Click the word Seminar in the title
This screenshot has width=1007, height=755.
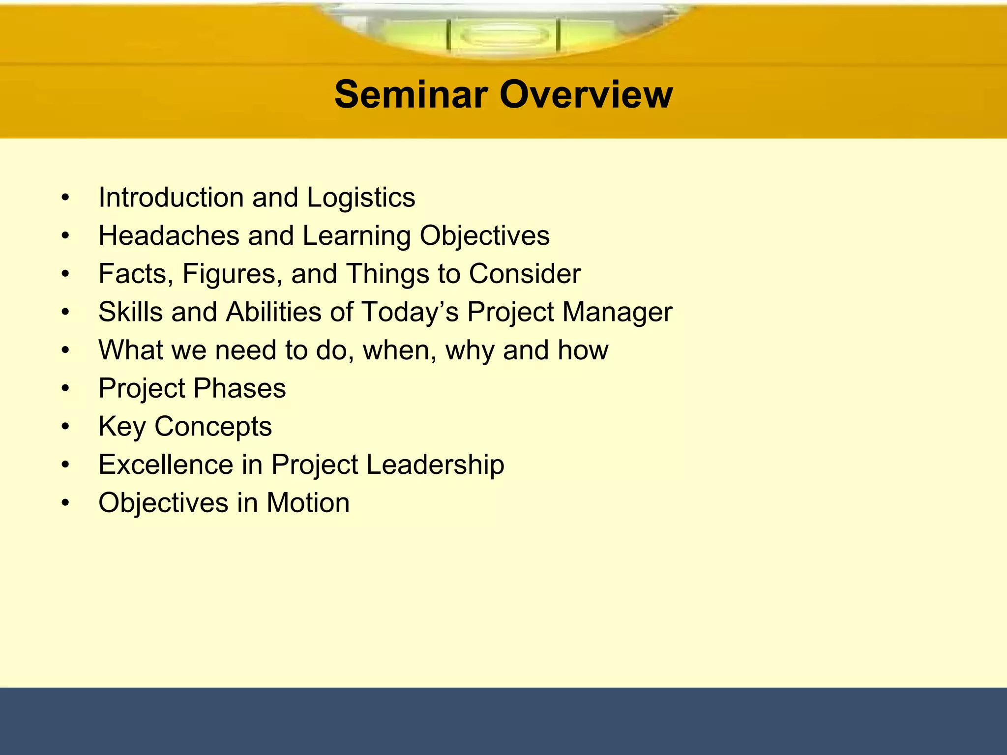[411, 94]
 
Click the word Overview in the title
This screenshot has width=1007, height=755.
[586, 94]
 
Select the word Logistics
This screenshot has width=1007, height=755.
[361, 198]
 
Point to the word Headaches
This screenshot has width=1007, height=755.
[168, 235]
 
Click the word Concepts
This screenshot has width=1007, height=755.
[213, 427]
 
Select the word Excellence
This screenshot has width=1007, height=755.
[166, 465]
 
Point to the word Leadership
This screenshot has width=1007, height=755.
[435, 465]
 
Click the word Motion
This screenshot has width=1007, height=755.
[308, 503]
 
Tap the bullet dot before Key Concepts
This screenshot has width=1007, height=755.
[65, 427]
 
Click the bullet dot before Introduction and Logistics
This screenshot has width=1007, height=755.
[65, 198]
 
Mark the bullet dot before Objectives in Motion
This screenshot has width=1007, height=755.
[65, 503]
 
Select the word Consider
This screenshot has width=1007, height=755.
[525, 274]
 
